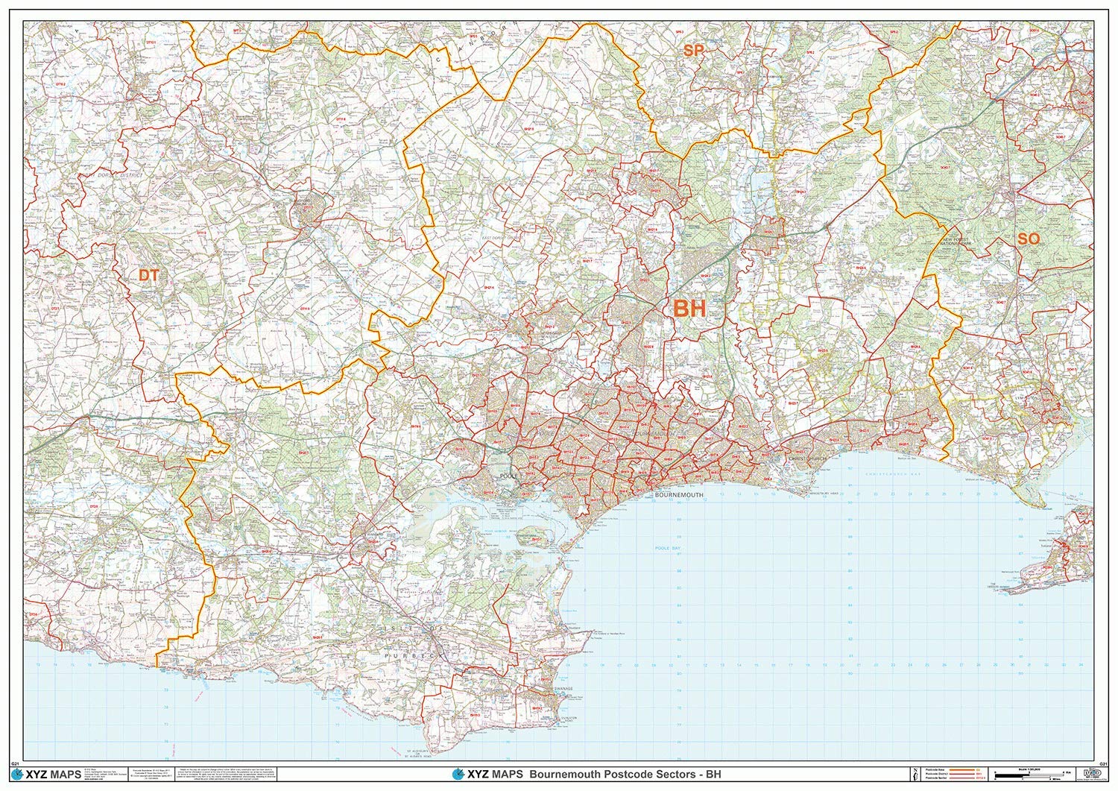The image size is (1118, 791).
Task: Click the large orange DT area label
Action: [149, 275]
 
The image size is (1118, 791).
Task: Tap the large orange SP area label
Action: [693, 50]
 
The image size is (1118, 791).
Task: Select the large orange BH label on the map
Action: [689, 308]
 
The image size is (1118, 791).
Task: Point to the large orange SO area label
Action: [1028, 239]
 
